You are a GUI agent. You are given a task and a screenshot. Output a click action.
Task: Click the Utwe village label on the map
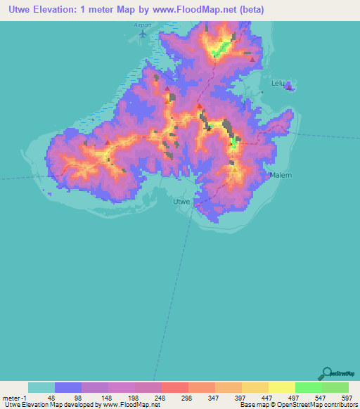point(181,202)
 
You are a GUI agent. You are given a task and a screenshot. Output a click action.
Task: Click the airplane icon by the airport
point(145,33)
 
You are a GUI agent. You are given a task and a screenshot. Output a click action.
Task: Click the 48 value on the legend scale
point(51,397)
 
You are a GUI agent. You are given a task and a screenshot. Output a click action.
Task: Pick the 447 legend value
point(265,397)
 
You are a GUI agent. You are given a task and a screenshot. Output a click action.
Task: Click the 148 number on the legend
point(105,397)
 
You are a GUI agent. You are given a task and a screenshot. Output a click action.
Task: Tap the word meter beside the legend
point(12,397)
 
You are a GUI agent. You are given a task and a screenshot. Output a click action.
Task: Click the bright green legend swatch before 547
point(308,387)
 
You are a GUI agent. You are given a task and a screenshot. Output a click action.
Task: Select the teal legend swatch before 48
point(41,387)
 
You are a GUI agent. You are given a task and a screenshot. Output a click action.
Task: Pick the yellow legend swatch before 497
point(281,387)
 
